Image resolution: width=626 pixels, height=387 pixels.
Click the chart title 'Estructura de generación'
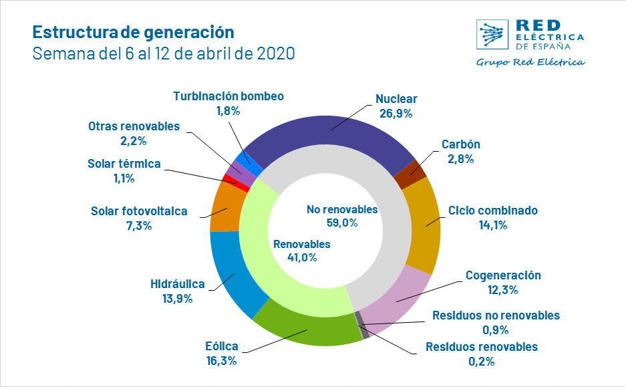tap(133, 32)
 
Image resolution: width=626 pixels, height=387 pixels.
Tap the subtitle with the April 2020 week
tap(164, 53)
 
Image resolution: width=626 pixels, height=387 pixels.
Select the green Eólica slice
tap(307, 328)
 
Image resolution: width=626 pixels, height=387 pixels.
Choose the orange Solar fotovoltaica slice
tap(223, 207)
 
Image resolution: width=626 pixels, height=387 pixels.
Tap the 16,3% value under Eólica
tap(222, 361)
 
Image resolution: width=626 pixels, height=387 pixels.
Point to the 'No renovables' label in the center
tap(342, 209)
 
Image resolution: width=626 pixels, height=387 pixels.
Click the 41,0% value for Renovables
tap(301, 257)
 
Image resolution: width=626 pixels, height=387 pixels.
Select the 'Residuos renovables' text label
tap(481, 347)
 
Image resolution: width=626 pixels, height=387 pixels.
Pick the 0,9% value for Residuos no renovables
tap(496, 330)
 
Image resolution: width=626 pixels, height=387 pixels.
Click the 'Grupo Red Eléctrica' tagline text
tap(530, 62)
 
